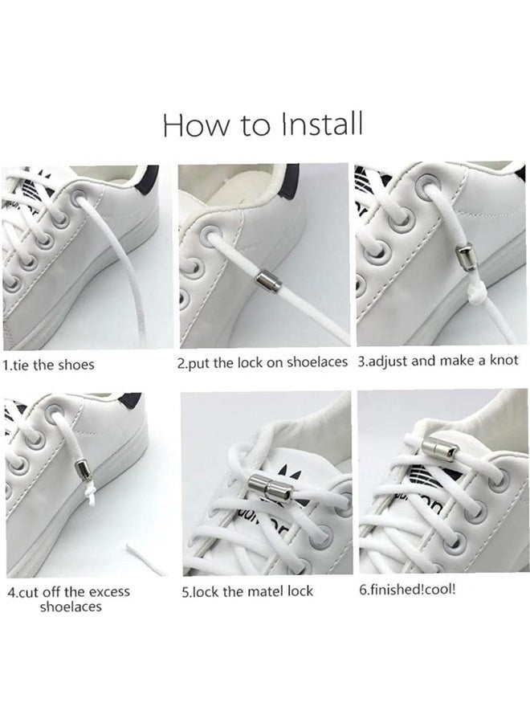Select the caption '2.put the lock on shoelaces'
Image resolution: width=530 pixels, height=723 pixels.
point(262,362)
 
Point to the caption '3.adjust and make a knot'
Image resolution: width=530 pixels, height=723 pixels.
point(438,361)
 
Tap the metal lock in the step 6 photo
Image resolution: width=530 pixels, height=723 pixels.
point(438,447)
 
